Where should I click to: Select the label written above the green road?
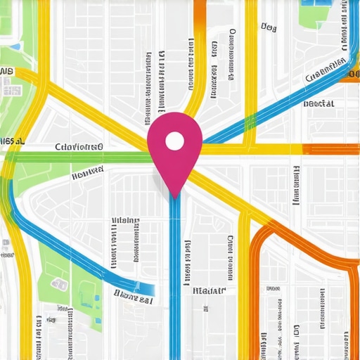77,147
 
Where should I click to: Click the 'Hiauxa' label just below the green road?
87,171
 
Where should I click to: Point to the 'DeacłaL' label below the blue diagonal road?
319,103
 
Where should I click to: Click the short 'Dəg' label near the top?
268,27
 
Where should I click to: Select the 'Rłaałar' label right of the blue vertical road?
209,289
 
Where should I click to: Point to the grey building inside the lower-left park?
59,285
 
